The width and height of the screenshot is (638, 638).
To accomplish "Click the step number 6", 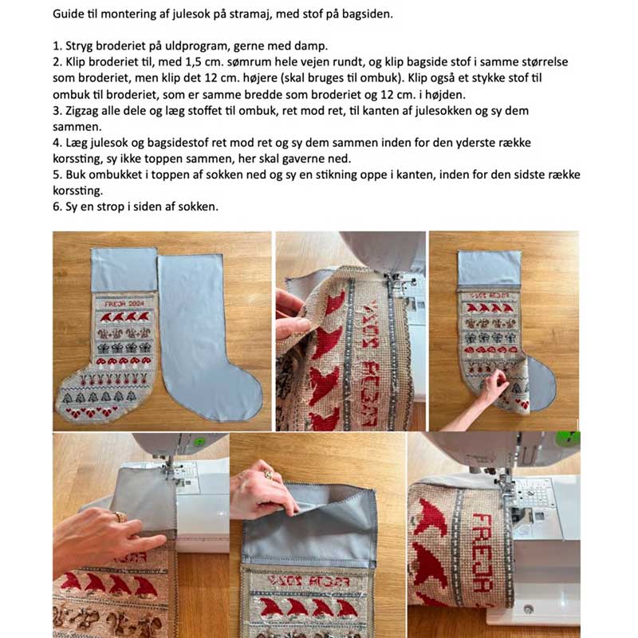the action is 57,207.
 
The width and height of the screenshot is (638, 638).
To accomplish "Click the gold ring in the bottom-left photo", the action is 120,517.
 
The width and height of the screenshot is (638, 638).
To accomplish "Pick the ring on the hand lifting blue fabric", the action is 269,475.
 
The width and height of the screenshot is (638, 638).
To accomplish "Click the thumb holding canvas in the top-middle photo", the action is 299,326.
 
